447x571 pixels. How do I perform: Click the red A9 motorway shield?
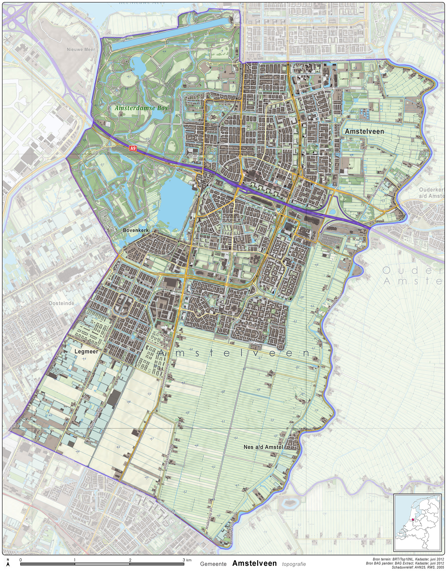tap(133, 148)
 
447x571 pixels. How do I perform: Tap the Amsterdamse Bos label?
tap(141, 108)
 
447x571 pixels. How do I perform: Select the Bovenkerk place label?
tap(135, 230)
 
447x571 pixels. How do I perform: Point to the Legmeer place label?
tap(86, 351)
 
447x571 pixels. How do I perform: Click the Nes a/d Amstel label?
tap(263, 447)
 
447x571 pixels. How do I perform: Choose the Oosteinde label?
tap(61, 303)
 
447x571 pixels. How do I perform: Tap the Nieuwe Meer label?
tap(81, 50)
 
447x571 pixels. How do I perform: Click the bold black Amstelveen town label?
tap(364, 131)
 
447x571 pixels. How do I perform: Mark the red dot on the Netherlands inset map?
tap(413, 520)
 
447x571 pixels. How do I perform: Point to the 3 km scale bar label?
tap(187, 560)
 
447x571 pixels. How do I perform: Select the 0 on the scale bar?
tap(21, 560)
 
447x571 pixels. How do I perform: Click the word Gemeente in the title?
tap(213, 564)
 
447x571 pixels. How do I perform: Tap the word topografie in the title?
tap(294, 564)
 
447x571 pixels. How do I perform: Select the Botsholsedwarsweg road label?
tap(361, 539)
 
